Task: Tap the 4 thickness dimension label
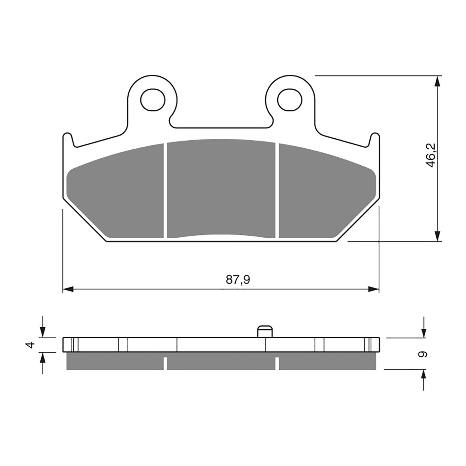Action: (30, 345)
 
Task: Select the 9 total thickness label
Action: (423, 354)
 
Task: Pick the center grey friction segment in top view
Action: (221, 189)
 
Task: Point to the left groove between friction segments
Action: (165, 190)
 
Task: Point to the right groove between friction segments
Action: (277, 190)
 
